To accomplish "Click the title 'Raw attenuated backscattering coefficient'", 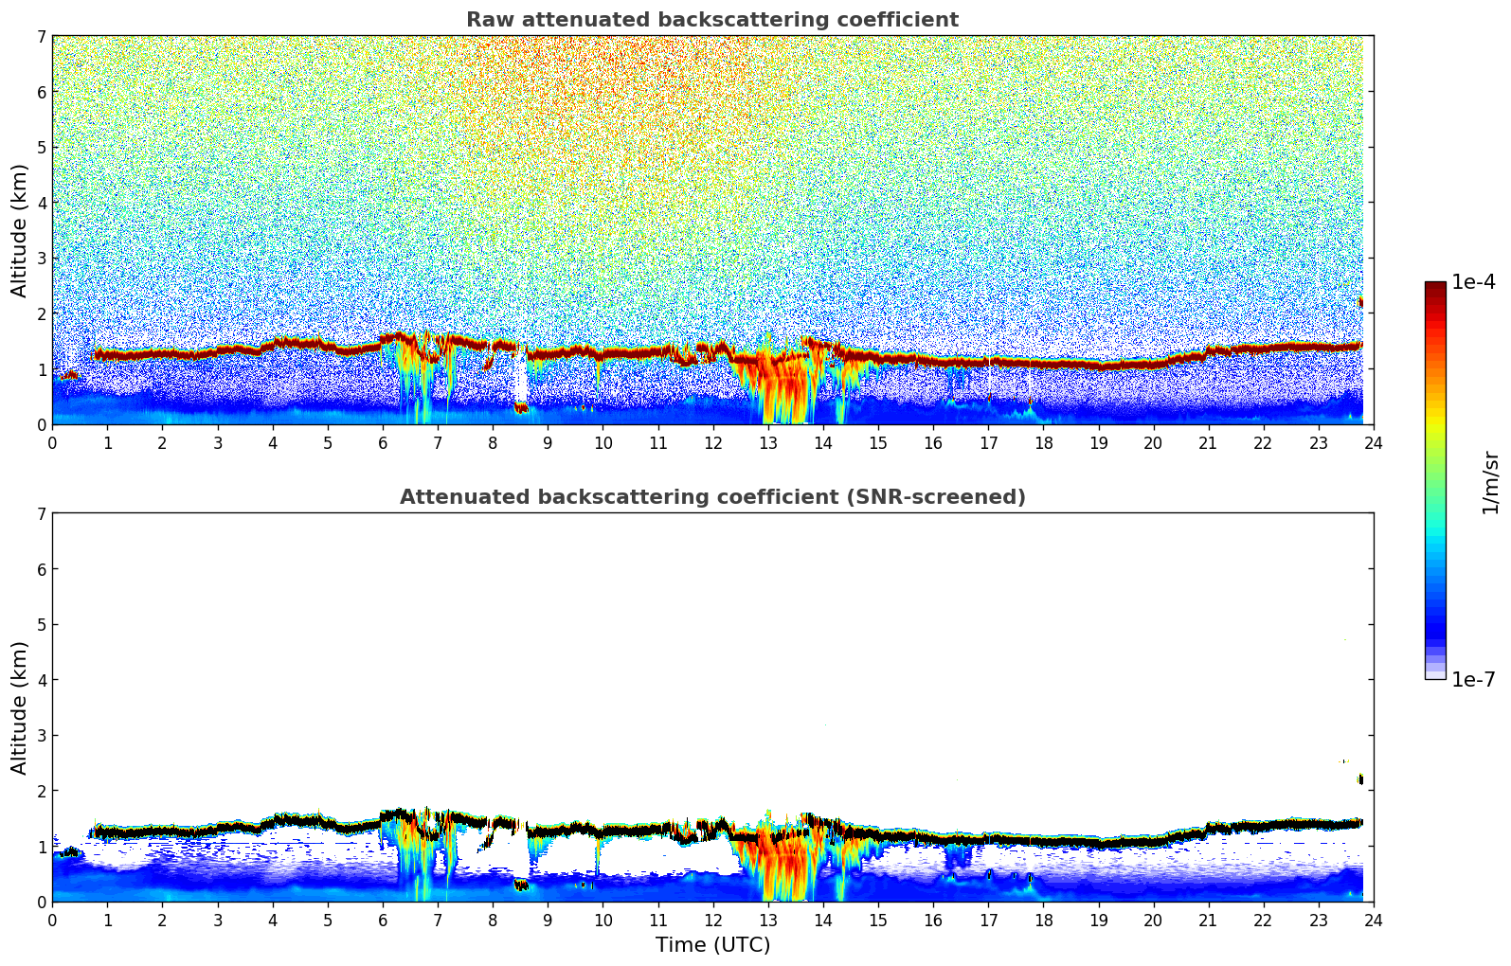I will [x=711, y=20].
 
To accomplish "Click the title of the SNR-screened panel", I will [x=711, y=497].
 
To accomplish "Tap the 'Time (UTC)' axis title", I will [x=712, y=945].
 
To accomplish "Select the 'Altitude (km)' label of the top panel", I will [x=19, y=230].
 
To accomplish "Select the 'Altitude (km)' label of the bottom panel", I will [x=19, y=707].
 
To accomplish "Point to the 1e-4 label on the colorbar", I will [x=1473, y=282].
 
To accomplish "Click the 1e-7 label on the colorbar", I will [x=1473, y=679].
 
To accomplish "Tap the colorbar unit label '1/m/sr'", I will [x=1490, y=482].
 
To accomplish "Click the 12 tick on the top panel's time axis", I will [x=712, y=443].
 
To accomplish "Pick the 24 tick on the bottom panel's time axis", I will [x=1373, y=921].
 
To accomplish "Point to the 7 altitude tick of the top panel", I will [x=41, y=37].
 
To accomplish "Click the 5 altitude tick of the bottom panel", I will [x=41, y=625].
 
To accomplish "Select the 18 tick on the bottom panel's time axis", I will [x=1043, y=921].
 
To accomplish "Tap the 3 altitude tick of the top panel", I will [x=41, y=259].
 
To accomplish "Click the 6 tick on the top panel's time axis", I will [x=383, y=443].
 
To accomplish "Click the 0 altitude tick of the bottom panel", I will [x=41, y=902].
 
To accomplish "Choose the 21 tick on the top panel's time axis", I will [x=1208, y=443].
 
